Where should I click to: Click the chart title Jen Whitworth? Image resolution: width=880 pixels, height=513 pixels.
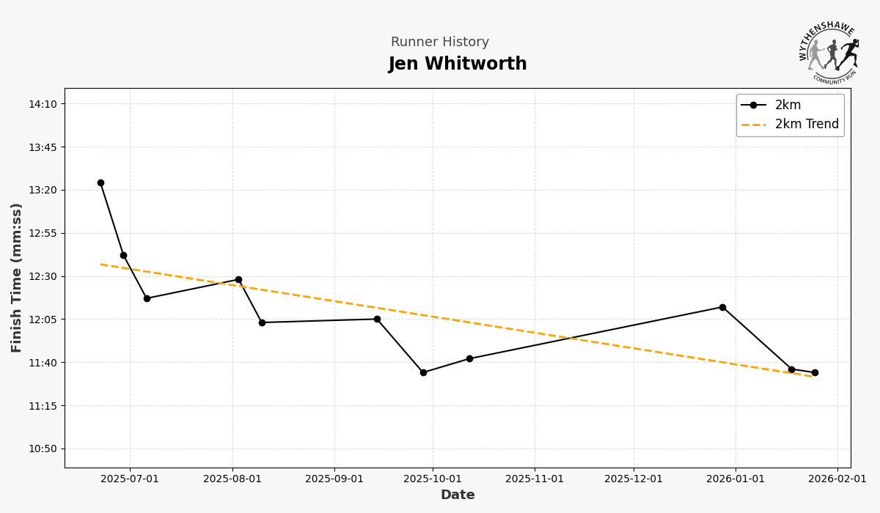tap(458, 64)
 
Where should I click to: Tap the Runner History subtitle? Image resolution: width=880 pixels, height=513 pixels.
tap(439, 43)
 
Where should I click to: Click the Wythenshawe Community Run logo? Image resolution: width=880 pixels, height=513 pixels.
tap(829, 51)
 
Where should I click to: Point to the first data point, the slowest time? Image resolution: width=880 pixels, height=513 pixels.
tap(100, 183)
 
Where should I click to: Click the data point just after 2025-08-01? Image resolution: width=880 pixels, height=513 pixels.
tap(238, 280)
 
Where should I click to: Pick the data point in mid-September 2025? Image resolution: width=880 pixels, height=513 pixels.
tap(377, 319)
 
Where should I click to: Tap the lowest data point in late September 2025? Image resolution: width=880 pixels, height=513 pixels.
tap(423, 372)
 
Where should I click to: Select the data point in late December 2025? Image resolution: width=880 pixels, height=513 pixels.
tap(722, 307)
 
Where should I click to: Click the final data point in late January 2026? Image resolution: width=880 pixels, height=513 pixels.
tap(815, 372)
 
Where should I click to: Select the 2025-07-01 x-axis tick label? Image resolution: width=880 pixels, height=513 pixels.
tap(130, 479)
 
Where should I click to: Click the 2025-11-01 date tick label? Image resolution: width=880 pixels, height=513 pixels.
tap(535, 479)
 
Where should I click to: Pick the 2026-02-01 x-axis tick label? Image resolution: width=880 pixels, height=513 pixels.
tap(837, 479)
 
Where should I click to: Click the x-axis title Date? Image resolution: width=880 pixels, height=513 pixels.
tap(458, 495)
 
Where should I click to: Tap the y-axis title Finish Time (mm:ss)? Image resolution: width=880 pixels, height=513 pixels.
tap(17, 278)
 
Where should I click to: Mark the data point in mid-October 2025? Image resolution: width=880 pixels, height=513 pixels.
tap(469, 358)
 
